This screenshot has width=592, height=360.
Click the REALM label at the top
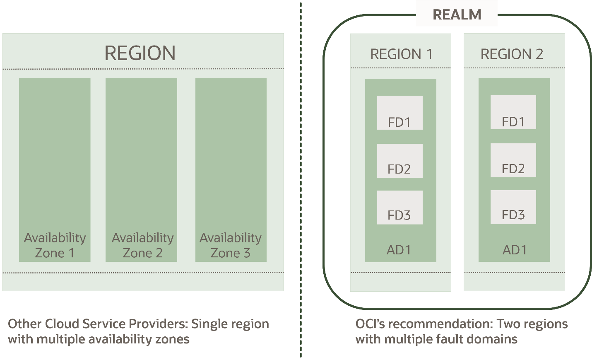coord(457,14)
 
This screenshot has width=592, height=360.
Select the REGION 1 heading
coord(401,54)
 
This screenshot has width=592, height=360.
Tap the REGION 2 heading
coord(512,54)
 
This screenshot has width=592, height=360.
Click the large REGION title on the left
coord(140,53)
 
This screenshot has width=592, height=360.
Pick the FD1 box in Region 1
coord(399,113)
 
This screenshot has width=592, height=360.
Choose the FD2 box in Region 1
coord(399,161)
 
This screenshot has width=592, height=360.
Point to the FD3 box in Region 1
coord(399,208)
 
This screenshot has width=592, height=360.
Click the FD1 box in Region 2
coord(513,112)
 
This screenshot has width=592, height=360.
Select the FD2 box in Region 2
coord(513,160)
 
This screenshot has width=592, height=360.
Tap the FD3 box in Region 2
coord(513,207)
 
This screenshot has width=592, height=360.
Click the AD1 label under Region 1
coord(399,250)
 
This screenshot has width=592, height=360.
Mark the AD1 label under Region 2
coord(515,250)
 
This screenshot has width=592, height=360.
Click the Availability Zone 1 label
coord(55,245)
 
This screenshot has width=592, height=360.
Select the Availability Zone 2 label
coord(142,245)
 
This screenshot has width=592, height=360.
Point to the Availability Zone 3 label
coord(231,245)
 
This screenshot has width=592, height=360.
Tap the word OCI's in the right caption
coord(370,324)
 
